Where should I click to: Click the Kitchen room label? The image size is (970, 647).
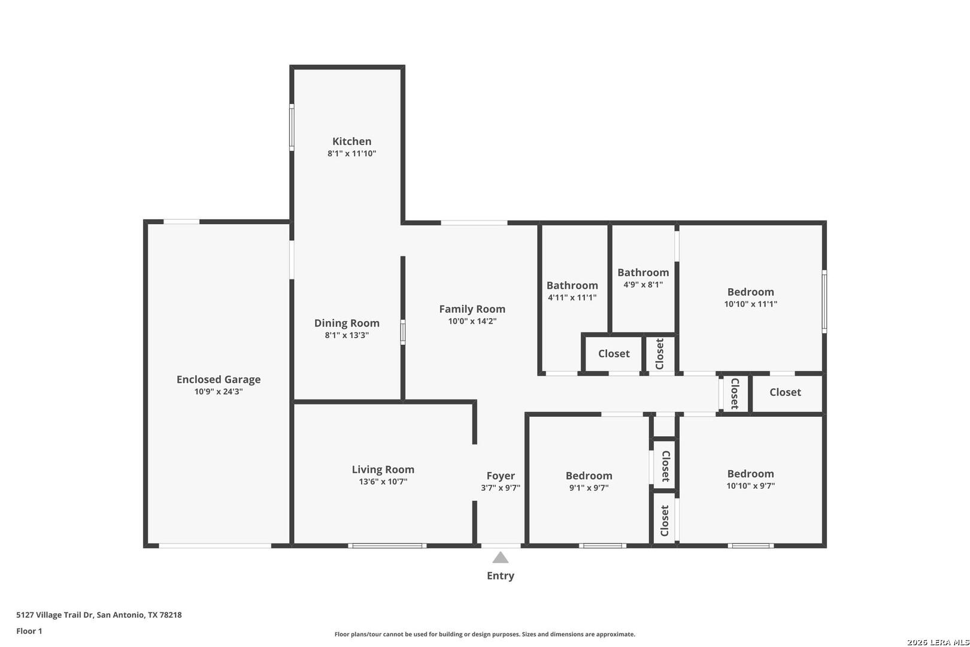[x=351, y=141]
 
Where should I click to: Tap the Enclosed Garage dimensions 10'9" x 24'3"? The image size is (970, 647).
[x=218, y=392]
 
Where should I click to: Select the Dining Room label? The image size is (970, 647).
[x=347, y=323]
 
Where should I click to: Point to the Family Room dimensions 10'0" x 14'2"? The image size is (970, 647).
[x=472, y=321]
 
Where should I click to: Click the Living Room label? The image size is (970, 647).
[x=383, y=469]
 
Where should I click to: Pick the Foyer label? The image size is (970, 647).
[x=501, y=476]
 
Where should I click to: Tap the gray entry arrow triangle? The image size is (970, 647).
[x=500, y=557]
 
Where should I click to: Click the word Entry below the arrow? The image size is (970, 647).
[x=501, y=576]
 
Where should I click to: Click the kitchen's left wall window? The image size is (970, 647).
[x=292, y=128]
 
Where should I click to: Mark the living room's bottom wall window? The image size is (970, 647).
[x=387, y=546]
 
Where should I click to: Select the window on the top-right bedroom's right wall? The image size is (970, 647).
[x=824, y=301]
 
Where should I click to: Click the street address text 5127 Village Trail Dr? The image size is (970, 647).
[x=54, y=615]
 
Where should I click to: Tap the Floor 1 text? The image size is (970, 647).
[x=29, y=631]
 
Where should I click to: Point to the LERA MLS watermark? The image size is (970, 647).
[x=938, y=642]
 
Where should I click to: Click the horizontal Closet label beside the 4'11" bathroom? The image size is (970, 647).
[x=614, y=353]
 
